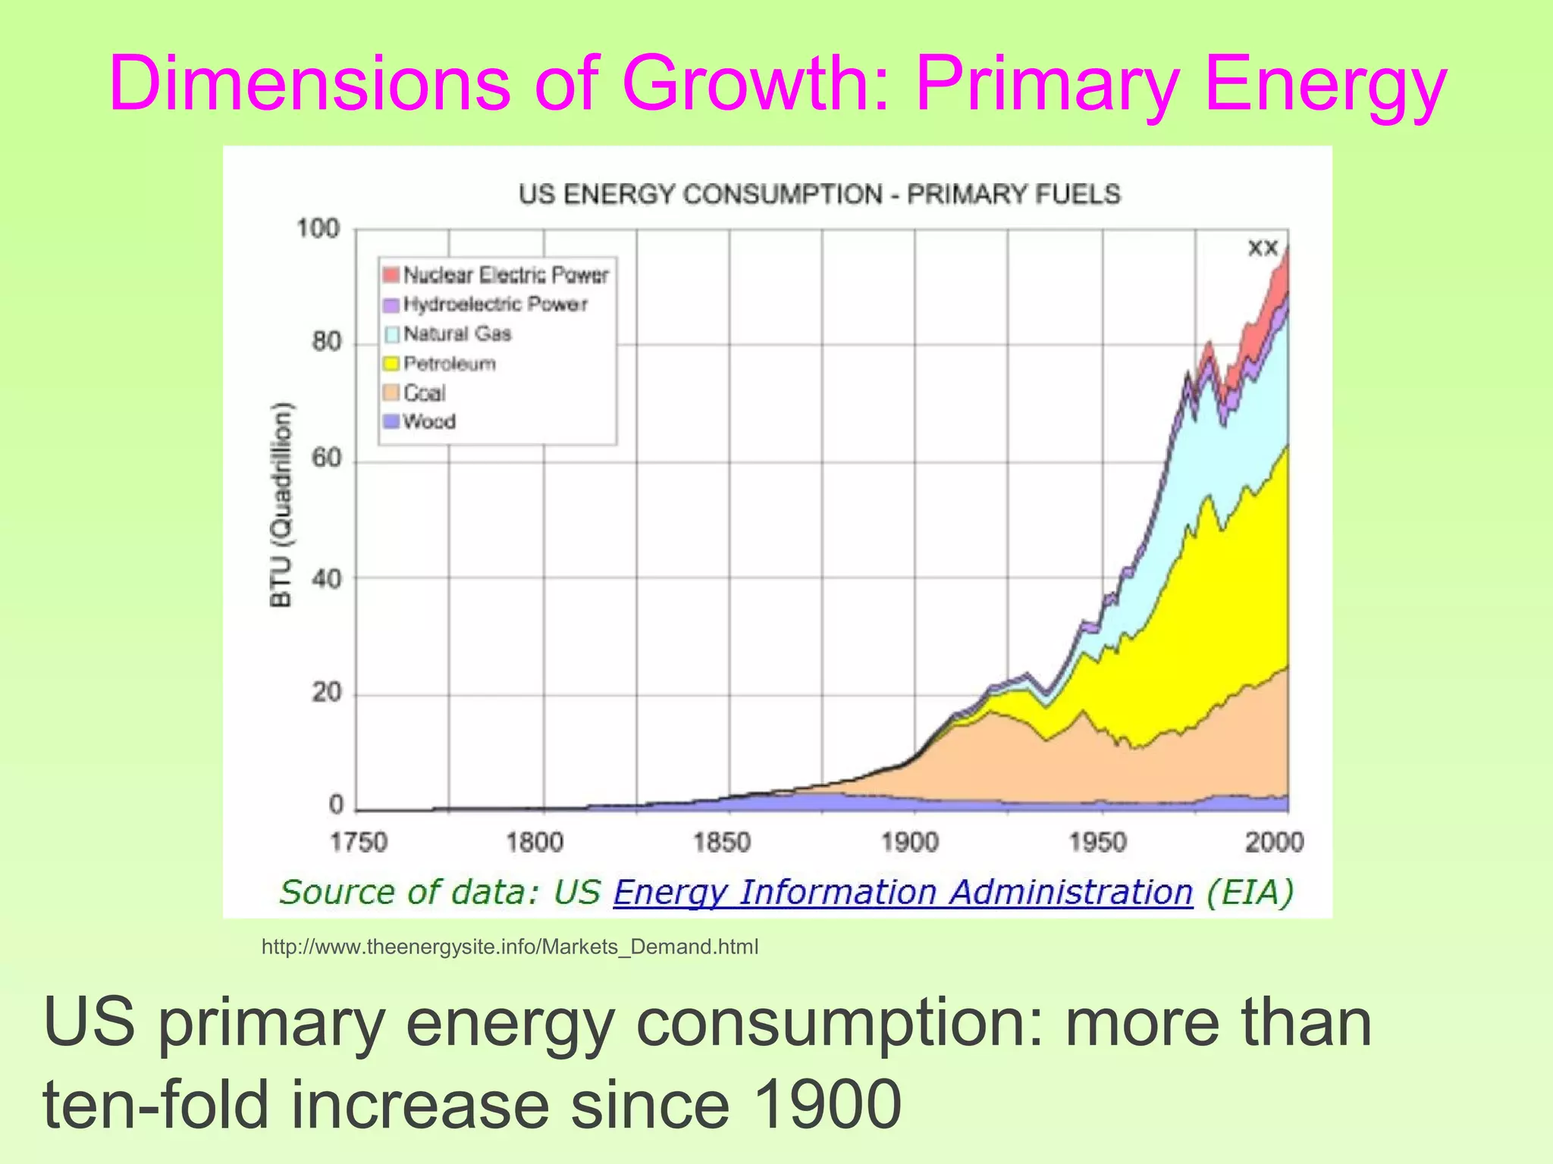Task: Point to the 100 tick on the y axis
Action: [x=318, y=228]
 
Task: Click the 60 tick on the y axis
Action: [x=325, y=460]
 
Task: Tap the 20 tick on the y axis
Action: [x=326, y=693]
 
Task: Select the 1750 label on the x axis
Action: [x=359, y=842]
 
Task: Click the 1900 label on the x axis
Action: [x=910, y=842]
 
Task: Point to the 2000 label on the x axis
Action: [x=1274, y=842]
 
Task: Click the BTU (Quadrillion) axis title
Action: [x=281, y=504]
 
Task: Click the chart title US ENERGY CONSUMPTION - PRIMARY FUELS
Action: [x=819, y=194]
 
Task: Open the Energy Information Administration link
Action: [x=902, y=892]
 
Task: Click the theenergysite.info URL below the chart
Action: [x=510, y=947]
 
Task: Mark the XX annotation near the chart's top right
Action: [x=1263, y=249]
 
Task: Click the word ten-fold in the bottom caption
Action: [x=155, y=1104]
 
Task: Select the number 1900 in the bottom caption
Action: [x=827, y=1104]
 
